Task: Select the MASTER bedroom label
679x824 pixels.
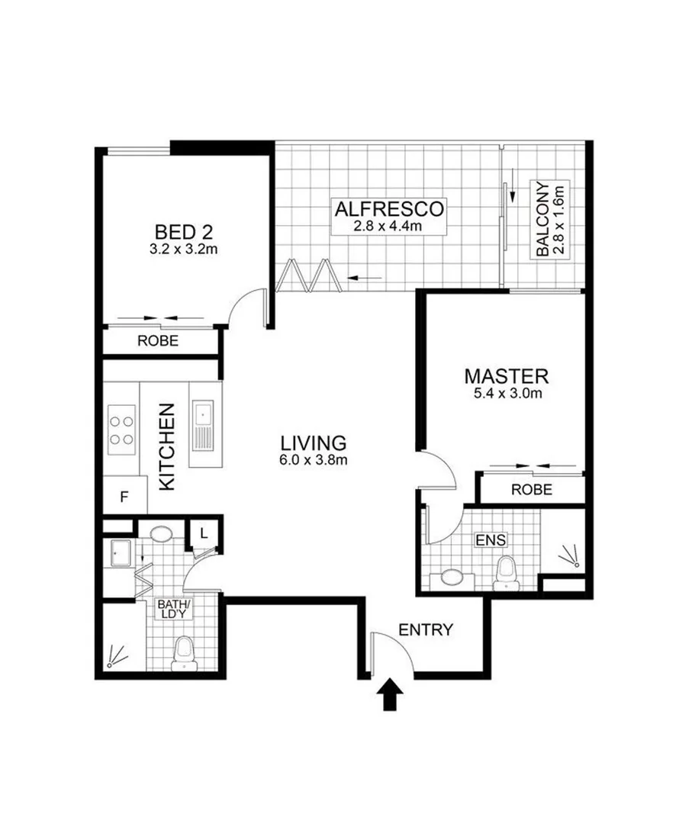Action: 507,376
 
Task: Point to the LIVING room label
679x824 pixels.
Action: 314,443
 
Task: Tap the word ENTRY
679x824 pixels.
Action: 426,630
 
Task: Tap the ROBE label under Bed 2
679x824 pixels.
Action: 158,342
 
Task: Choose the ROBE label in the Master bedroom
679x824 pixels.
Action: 532,489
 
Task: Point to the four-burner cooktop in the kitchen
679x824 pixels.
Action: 121,429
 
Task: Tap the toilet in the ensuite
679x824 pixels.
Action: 504,572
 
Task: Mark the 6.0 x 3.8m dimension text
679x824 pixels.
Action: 314,459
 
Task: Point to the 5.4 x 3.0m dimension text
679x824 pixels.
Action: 507,394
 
